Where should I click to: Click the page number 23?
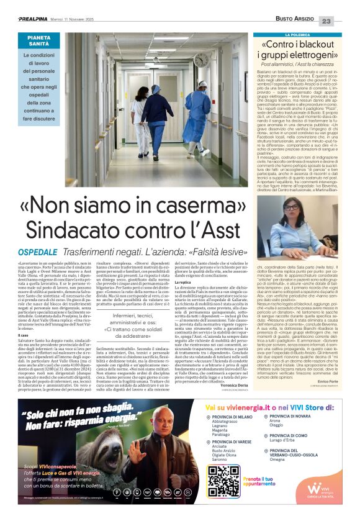pyautogui.click(x=343, y=21)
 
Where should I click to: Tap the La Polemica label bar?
pyautogui.click(x=305, y=35)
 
